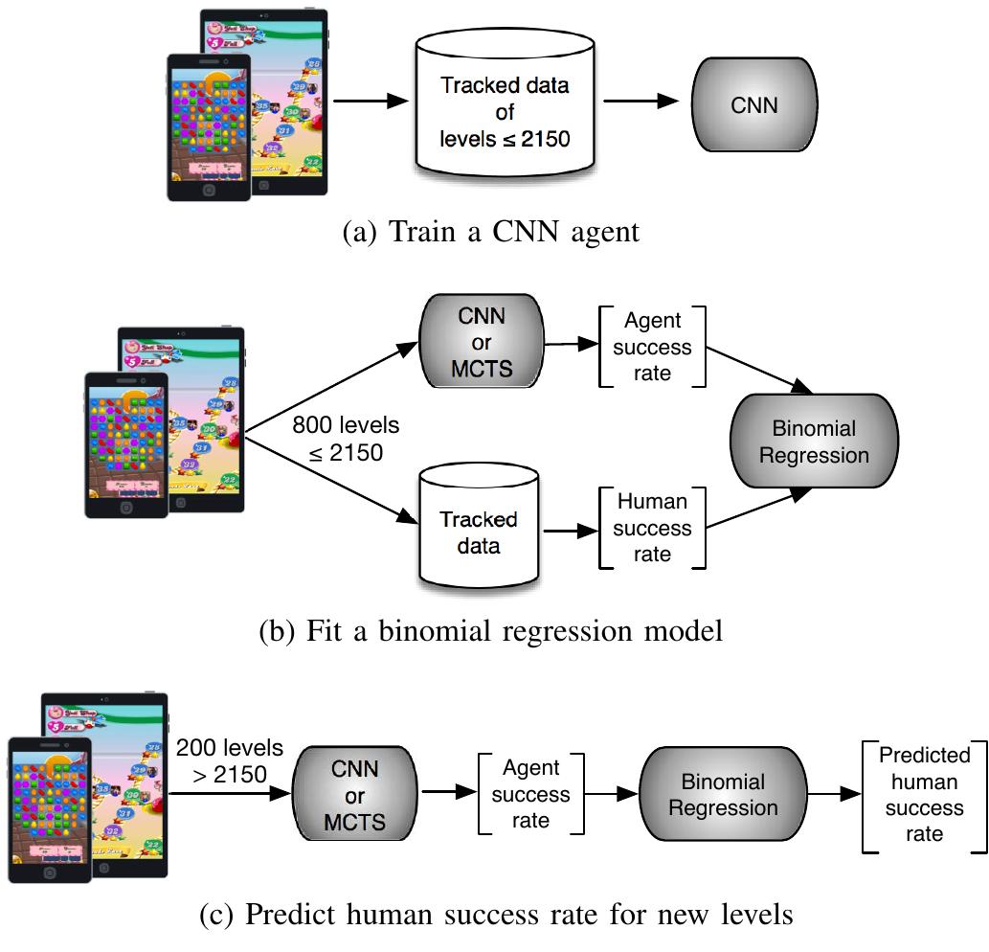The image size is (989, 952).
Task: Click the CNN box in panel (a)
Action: click(x=754, y=105)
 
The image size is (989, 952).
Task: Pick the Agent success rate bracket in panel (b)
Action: click(x=652, y=346)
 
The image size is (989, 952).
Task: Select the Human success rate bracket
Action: click(x=652, y=528)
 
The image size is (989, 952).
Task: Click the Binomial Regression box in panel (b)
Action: click(x=814, y=441)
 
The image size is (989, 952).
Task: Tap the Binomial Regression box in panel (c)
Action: click(x=722, y=794)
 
